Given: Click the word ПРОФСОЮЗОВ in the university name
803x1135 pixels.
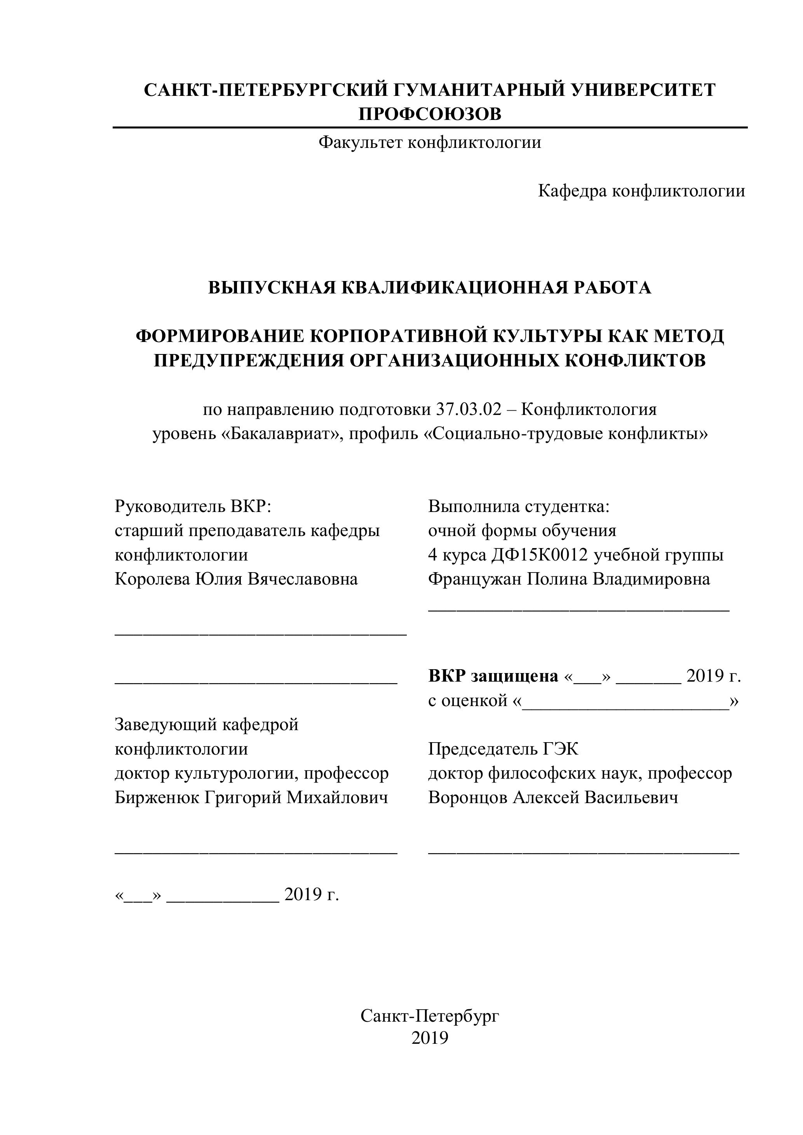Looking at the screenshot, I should pos(429,114).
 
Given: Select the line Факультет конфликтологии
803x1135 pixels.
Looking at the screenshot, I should pos(429,143).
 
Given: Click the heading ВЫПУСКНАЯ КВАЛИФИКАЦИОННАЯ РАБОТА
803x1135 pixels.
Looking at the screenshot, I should pos(429,288).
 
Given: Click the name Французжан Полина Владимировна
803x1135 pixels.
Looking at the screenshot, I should pos(569,579).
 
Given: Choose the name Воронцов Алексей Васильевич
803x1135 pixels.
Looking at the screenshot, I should pos(553,797).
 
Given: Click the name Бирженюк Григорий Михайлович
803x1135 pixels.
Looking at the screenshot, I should pos(251,797).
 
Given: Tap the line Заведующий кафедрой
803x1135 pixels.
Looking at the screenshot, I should pos(206,725).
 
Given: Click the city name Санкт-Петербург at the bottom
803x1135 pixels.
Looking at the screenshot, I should pos(429,1016).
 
